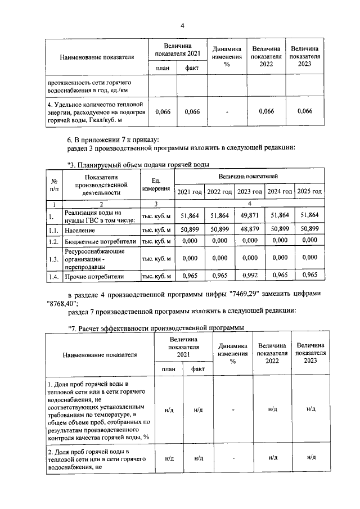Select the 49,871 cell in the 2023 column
pos(249,215)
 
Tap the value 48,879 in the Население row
pos(249,229)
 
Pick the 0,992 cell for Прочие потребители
pos(249,276)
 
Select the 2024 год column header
pos(280,192)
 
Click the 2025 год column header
pos(309,192)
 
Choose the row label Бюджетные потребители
pos(100,241)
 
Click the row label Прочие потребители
pos(94,276)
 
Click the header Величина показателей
pos(249,177)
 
